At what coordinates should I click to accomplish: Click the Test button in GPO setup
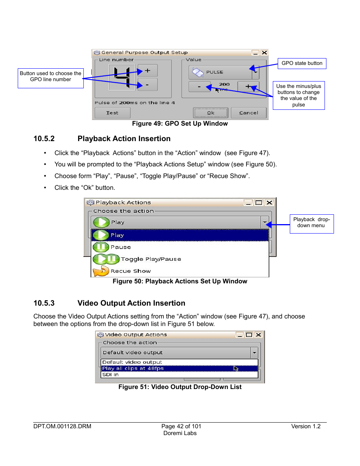tap(112, 113)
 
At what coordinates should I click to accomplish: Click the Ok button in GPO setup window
tap(211, 113)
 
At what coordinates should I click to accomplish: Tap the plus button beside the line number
tap(148, 71)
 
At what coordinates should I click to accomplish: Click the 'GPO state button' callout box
tap(302, 63)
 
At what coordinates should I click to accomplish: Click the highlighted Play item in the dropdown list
tap(180, 235)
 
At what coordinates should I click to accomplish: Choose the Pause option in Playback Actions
tap(121, 247)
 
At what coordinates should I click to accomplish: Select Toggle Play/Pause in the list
tap(151, 259)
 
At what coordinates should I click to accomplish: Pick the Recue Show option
tap(131, 271)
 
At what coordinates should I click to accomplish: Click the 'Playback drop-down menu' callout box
tap(311, 223)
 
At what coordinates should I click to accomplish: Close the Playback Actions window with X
tap(269, 203)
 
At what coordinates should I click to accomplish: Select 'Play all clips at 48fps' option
tap(133, 368)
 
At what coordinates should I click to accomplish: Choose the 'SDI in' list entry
tap(111, 375)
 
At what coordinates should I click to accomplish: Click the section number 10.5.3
tap(44, 303)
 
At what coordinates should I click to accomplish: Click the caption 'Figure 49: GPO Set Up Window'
tap(180, 123)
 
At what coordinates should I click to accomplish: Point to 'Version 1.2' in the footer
tap(306, 426)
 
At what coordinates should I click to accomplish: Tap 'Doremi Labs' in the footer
tap(180, 433)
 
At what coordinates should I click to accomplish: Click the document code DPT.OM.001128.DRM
tap(62, 426)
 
